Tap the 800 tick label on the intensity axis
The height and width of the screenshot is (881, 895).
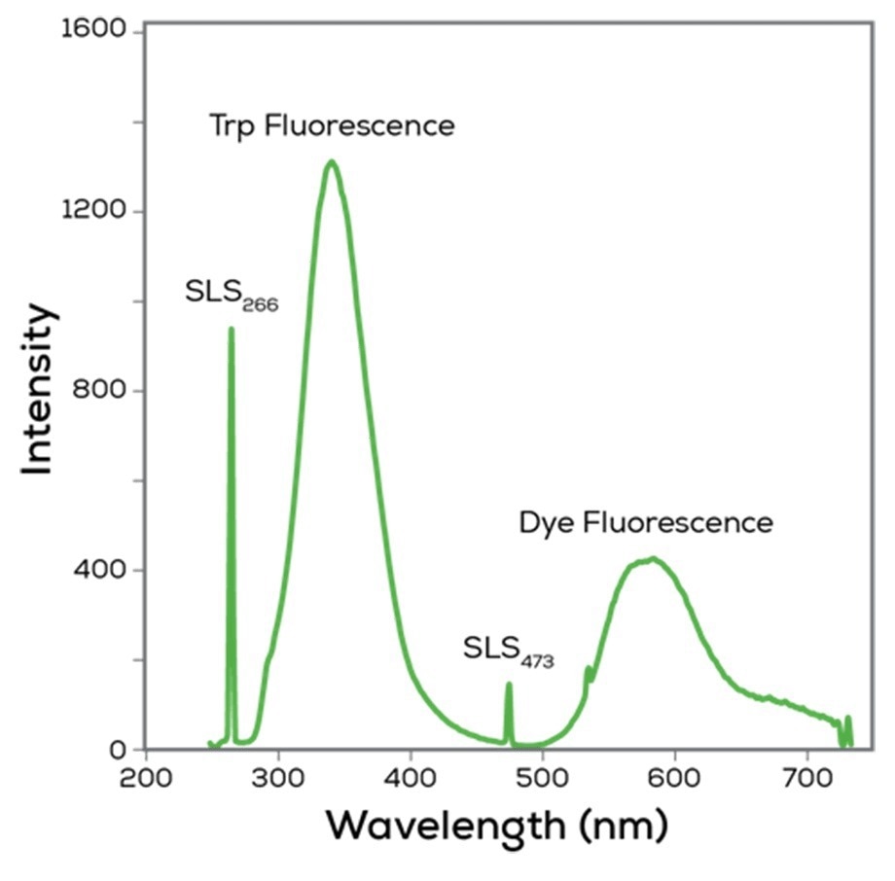(x=100, y=391)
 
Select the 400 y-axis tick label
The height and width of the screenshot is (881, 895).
(x=100, y=570)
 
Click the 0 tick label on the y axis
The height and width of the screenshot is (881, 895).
(x=119, y=750)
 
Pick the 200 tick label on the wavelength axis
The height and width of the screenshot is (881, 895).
(x=146, y=780)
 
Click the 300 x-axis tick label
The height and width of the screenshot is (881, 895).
(x=278, y=780)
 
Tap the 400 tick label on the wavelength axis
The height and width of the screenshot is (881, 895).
(x=410, y=780)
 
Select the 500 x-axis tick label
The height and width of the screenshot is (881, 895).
(x=542, y=780)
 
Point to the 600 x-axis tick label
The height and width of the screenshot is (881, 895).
(x=674, y=780)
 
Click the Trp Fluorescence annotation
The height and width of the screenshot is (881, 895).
(x=332, y=125)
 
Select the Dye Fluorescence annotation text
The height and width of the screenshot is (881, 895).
(x=646, y=523)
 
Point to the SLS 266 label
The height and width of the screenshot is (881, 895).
(x=232, y=294)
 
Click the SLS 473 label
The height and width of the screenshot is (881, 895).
(x=508, y=650)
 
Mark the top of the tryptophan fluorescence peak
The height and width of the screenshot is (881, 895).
(x=331, y=161)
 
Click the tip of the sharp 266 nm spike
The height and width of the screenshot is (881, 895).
(x=231, y=329)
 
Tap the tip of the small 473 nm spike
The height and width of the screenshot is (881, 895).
(x=508, y=685)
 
